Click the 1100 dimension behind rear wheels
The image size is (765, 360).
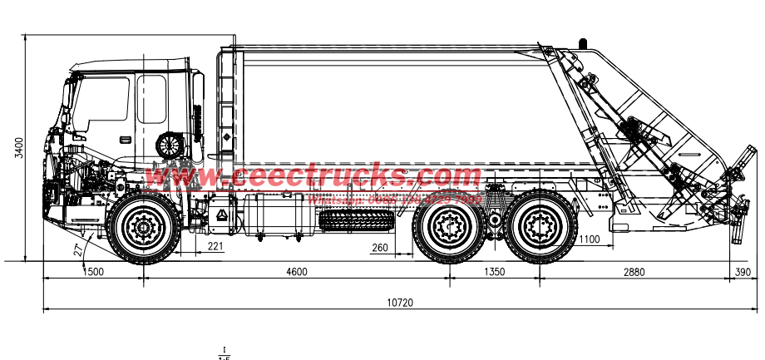pos(589,239)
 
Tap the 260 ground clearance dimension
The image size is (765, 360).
pos(380,247)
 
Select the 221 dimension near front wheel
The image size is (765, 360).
pos(215,246)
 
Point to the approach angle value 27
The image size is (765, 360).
pos(77,249)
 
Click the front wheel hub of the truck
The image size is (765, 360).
pos(143,226)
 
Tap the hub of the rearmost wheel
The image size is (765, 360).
pos(541,226)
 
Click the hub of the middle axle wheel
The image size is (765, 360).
pos(450,226)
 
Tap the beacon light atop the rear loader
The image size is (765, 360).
pos(582,41)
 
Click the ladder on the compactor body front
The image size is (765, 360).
pos(226,100)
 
